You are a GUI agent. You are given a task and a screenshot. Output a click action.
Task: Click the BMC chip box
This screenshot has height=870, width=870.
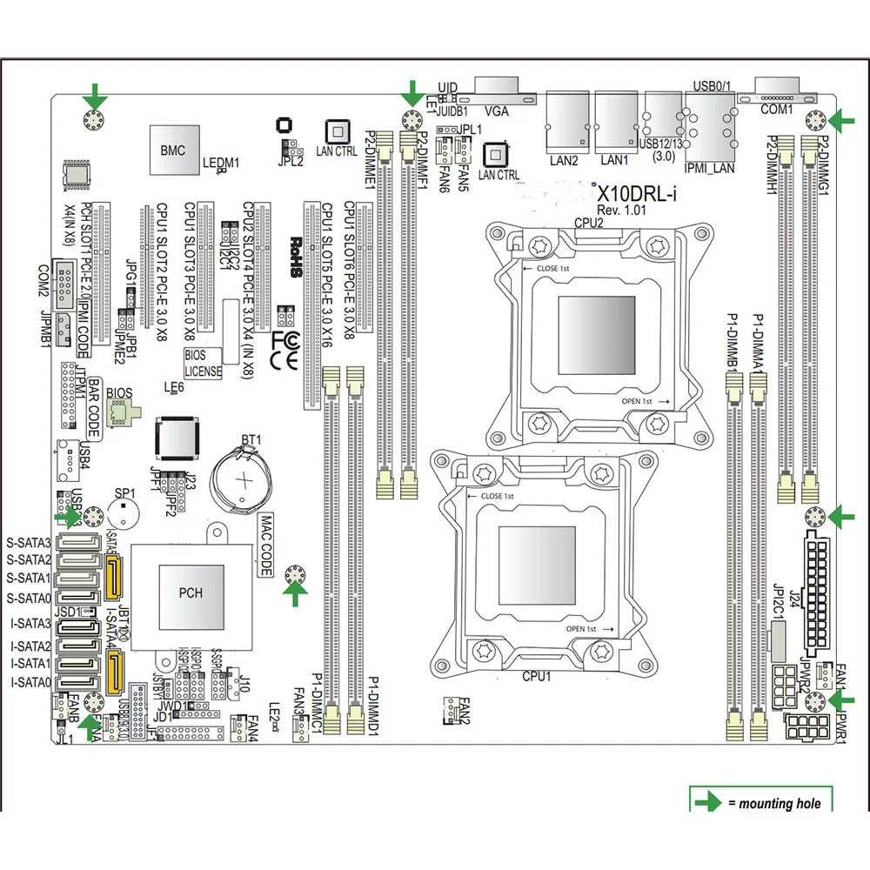tap(173, 151)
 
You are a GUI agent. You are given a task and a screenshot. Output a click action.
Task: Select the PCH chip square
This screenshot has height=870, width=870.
tap(191, 593)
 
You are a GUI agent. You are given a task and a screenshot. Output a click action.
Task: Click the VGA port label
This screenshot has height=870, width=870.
tap(497, 111)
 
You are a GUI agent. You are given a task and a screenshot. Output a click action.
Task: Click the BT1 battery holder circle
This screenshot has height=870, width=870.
tap(246, 479)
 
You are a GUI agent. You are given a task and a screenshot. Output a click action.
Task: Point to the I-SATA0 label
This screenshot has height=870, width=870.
tap(29, 682)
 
